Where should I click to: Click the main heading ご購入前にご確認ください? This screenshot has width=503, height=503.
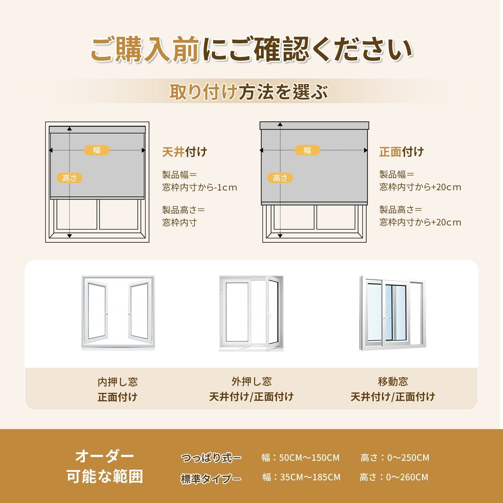[x=251, y=50]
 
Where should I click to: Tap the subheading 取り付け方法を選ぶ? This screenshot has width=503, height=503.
[x=249, y=92]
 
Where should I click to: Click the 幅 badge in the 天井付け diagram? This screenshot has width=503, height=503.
[x=97, y=150]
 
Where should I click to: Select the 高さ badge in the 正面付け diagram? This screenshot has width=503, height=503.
[x=280, y=178]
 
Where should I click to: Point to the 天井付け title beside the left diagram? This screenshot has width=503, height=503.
[x=185, y=152]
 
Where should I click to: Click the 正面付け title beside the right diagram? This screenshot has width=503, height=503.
[x=401, y=152]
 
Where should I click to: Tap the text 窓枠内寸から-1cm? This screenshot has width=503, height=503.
[x=200, y=187]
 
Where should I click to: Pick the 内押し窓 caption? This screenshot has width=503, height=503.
[x=118, y=382]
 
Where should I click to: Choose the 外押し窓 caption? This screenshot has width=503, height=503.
[x=251, y=382]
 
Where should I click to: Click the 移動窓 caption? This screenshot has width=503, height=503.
[x=393, y=382]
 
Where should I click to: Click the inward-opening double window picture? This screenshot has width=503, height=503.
[x=118, y=313]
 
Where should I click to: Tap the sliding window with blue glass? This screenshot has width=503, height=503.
[x=392, y=313]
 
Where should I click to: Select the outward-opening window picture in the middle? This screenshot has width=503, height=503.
[x=251, y=313]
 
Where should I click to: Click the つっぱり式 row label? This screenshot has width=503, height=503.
[x=211, y=458]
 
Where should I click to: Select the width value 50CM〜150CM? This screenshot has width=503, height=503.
[x=309, y=458]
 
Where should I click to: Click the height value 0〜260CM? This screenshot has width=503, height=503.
[x=407, y=477]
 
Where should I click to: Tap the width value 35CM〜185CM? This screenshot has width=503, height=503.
[x=310, y=477]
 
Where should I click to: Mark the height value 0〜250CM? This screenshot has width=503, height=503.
[x=408, y=458]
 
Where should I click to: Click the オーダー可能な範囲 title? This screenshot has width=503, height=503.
[x=105, y=466]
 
